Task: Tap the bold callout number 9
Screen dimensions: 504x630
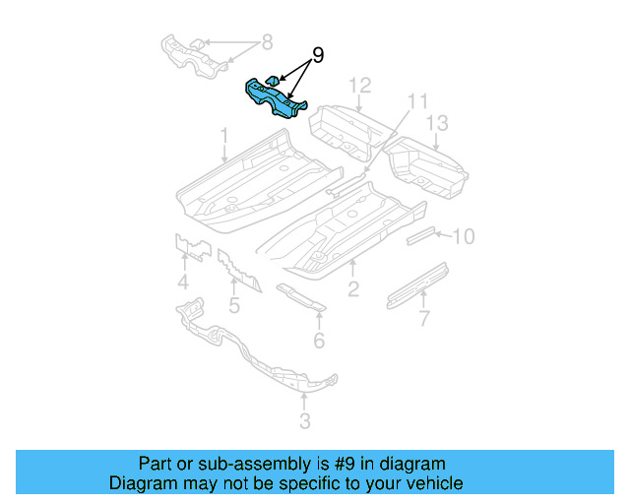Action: (x=317, y=56)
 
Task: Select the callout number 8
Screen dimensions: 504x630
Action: (x=266, y=42)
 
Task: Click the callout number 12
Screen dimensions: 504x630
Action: (x=359, y=85)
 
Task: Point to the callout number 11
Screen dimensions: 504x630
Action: (x=418, y=101)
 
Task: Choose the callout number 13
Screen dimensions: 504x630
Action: (x=436, y=123)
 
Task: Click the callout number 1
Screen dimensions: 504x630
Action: (x=224, y=134)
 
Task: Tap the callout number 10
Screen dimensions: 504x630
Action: (x=463, y=236)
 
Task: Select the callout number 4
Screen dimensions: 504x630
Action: (x=183, y=285)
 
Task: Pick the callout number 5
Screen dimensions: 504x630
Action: (x=233, y=305)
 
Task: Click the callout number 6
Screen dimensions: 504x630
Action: (x=319, y=341)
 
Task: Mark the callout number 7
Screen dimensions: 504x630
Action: (x=423, y=318)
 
